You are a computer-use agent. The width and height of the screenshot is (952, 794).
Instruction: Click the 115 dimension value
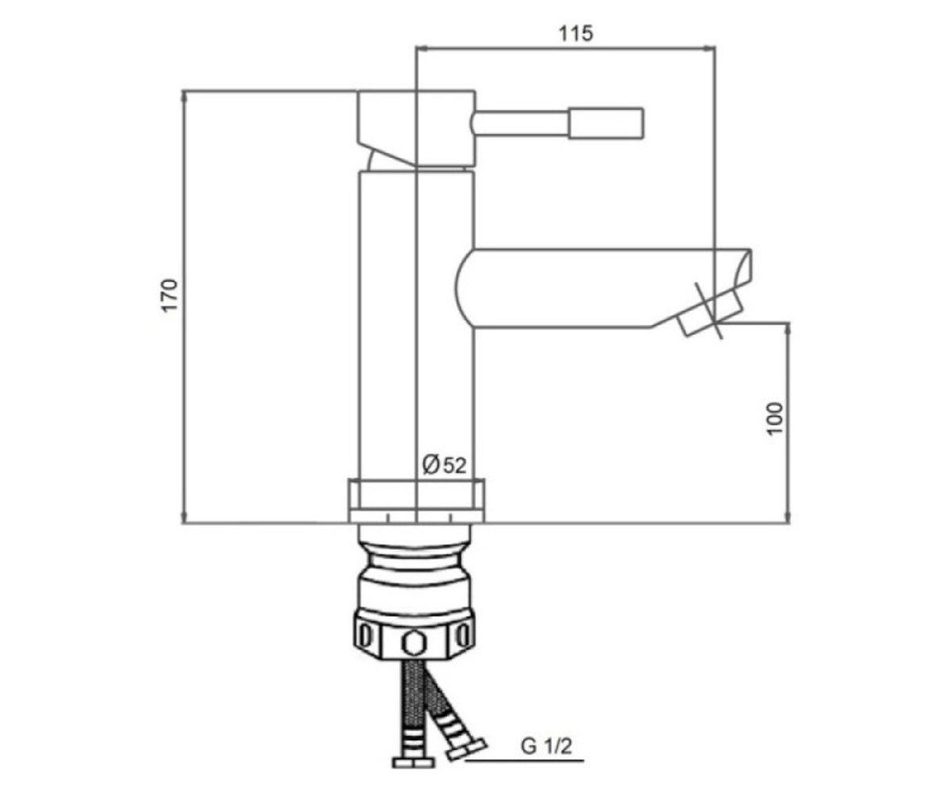tap(576, 34)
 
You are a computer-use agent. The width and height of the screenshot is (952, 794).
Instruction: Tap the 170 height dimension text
tap(170, 295)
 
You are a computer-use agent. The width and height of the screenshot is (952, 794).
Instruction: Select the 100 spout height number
tap(775, 419)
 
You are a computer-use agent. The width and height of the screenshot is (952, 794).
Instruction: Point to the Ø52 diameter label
tap(444, 465)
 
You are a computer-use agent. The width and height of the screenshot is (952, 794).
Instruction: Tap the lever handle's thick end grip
tap(606, 123)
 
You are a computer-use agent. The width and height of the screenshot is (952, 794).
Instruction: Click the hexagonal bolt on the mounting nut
tap(414, 643)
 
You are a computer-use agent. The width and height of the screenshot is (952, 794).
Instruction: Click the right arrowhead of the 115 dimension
tap(710, 48)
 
